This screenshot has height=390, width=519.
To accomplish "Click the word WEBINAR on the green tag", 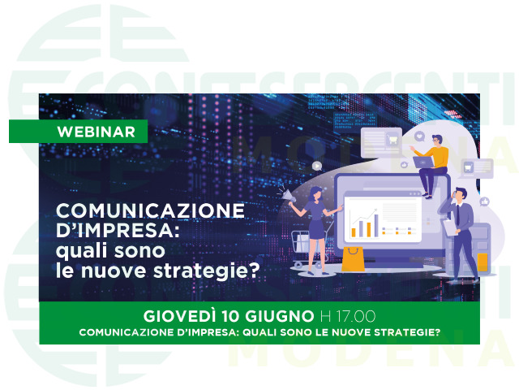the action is coord(97,132).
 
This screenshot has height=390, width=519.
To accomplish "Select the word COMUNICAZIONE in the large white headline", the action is coord(151,210).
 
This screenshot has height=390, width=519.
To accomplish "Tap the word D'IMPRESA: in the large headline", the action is coord(118,230).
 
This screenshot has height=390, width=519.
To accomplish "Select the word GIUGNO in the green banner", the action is coord(279,316).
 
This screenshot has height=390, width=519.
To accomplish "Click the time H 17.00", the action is coord(348,316).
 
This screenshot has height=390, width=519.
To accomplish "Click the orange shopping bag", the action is coord(353,259).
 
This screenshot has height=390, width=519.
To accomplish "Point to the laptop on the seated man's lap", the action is coord(423,162).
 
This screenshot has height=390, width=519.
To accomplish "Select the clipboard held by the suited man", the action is coord(450,227).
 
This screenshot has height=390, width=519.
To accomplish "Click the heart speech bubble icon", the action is coord(419,136).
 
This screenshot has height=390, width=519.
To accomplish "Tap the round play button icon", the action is coord(317,166).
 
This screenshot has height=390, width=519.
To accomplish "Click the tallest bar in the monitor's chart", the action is coord(376,225).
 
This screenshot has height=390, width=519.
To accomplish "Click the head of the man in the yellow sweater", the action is coord(437,141).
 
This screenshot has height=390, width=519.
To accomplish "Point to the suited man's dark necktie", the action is coord(457,215).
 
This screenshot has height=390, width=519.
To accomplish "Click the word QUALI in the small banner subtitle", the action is coord(259,332).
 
